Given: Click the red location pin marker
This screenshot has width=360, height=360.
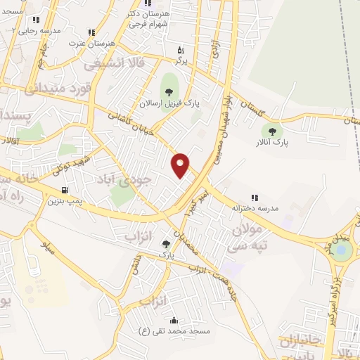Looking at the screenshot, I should click(x=181, y=165).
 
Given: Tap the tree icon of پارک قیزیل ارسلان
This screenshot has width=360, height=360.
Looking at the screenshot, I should click(x=168, y=90).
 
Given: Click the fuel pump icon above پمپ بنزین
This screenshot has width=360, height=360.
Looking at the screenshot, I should click(x=65, y=190).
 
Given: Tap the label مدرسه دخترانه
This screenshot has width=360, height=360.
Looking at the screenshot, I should click(x=254, y=209).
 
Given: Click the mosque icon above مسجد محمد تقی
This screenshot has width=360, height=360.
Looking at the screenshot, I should click(x=175, y=320).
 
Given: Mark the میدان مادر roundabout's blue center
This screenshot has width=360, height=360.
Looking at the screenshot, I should click(x=342, y=249).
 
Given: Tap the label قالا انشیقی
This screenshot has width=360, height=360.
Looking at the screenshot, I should click(x=114, y=64).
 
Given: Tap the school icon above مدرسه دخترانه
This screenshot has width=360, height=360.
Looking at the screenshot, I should click(x=255, y=198).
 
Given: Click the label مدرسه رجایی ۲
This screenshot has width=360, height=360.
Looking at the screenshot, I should click(x=36, y=31).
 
